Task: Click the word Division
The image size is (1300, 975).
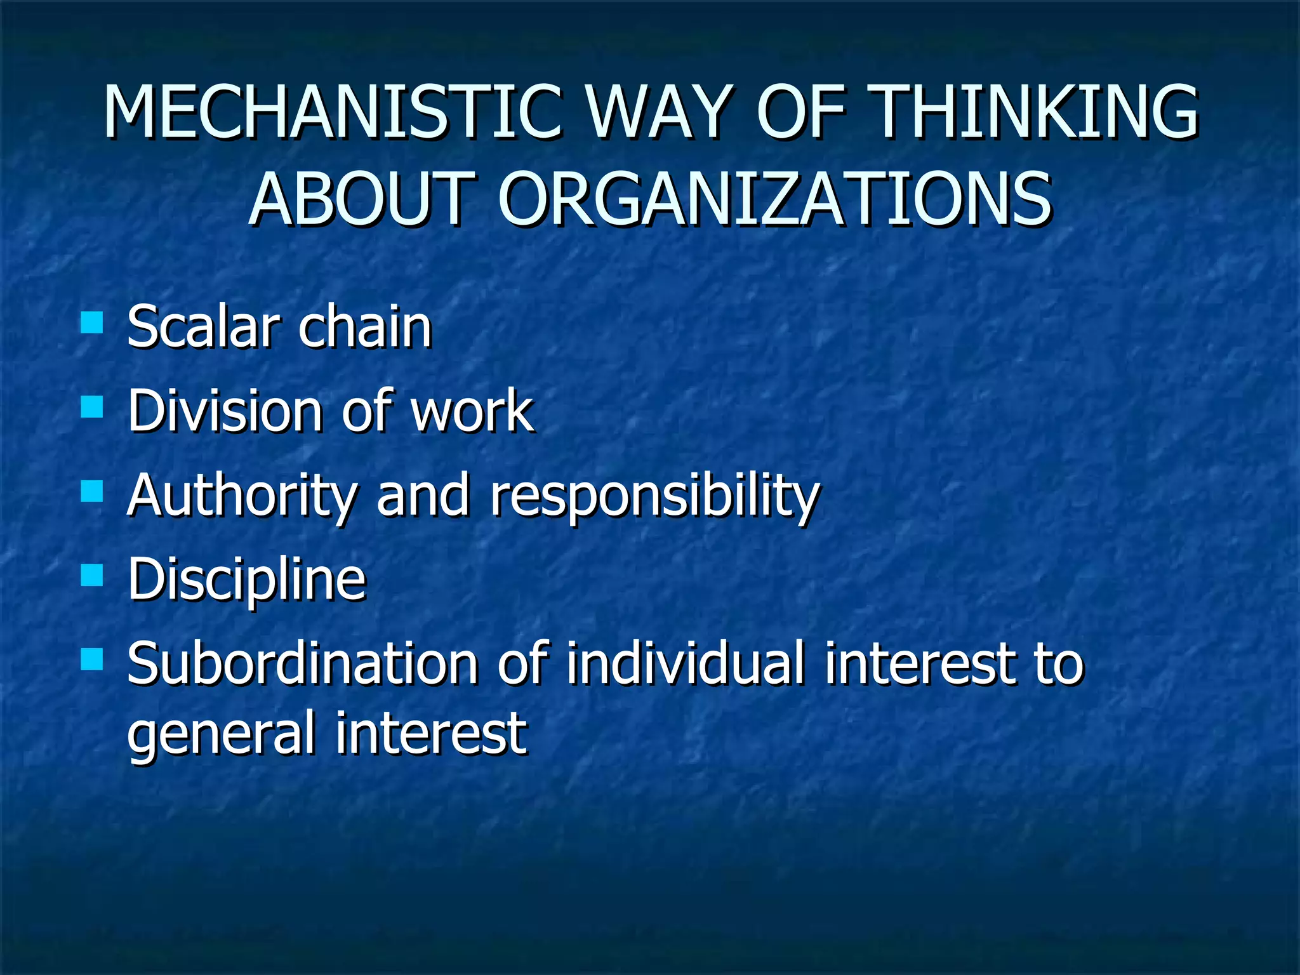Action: tap(225, 411)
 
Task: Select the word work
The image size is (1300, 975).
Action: tap(472, 411)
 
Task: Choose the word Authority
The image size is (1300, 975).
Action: tap(242, 496)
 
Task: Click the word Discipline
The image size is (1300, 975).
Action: tap(246, 580)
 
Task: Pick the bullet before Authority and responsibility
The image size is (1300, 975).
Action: tap(92, 491)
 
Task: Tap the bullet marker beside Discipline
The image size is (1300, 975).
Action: tap(92, 575)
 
